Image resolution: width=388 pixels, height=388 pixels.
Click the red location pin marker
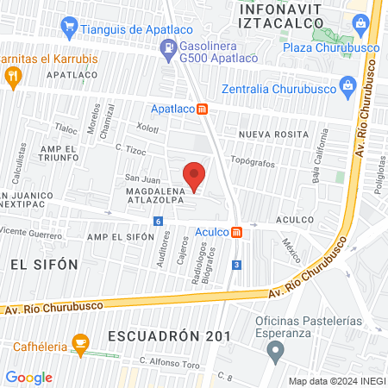(x=196, y=175)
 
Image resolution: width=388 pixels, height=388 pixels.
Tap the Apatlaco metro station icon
(x=202, y=109)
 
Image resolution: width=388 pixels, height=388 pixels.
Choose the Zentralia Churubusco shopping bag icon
(x=347, y=84)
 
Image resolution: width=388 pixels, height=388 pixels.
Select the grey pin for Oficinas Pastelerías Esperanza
(x=275, y=351)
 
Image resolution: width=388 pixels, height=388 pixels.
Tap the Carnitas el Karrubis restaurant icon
(x=13, y=76)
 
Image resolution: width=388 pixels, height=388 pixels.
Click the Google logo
(x=28, y=378)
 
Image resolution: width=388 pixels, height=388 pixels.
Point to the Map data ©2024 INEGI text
(x=336, y=381)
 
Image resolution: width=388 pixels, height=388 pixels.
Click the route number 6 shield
(x=159, y=222)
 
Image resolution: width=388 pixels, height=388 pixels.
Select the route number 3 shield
(x=235, y=266)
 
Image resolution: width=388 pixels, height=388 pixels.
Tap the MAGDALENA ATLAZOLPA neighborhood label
(x=160, y=196)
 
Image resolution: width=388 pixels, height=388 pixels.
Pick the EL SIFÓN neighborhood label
(x=44, y=264)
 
